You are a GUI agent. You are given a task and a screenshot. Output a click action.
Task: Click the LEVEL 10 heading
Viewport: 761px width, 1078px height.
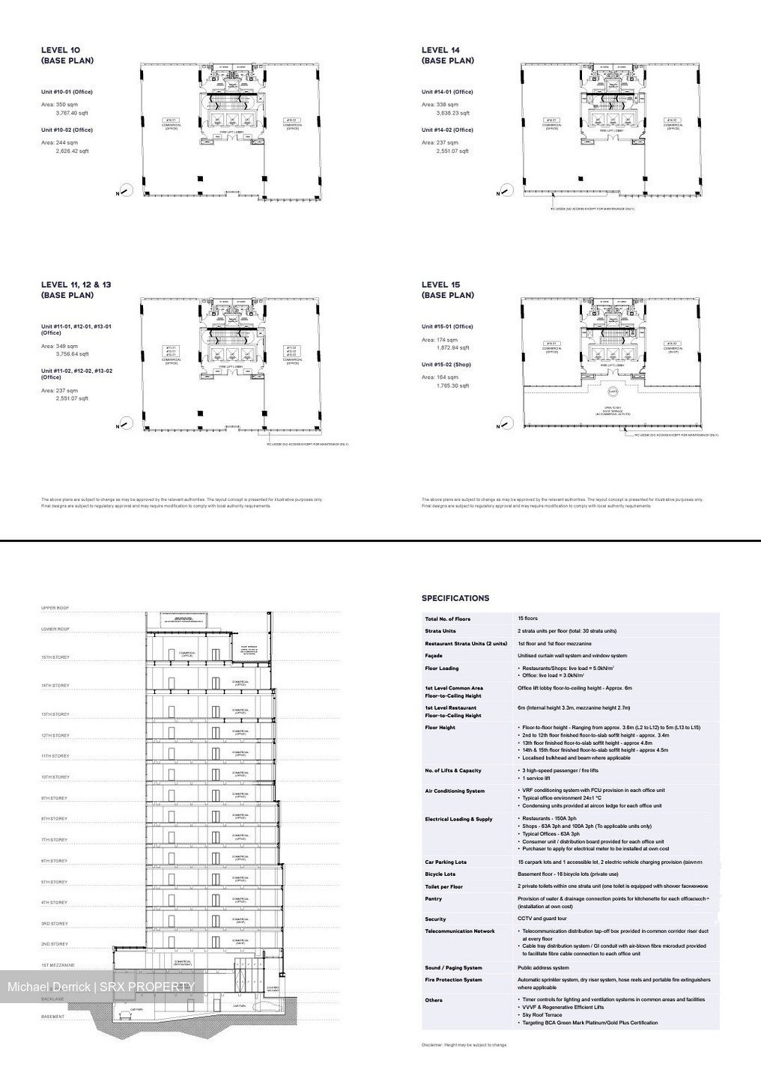coord(67,55)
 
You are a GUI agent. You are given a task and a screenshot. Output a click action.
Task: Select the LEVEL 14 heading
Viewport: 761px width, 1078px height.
coord(447,55)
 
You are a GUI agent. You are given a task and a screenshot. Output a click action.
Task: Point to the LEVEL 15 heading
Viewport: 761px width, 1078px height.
coord(447,290)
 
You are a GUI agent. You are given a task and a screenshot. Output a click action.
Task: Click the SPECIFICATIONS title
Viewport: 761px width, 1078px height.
coord(455,598)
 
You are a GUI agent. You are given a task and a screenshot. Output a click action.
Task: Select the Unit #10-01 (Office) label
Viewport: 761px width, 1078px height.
coord(67,91)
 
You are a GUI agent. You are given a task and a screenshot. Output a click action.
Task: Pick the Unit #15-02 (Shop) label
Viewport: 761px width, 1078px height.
coord(446,365)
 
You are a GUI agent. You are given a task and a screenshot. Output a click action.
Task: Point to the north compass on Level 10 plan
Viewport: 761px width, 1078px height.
coord(126,190)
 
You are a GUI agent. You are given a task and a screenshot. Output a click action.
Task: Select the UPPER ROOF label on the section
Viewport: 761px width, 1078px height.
coord(55,608)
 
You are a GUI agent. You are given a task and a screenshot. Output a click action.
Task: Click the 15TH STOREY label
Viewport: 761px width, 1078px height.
coord(55,657)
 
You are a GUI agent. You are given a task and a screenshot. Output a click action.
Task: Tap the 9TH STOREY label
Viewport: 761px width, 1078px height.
coord(55,798)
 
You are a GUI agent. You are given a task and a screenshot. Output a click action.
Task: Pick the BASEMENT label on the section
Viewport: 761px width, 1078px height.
coord(52,1017)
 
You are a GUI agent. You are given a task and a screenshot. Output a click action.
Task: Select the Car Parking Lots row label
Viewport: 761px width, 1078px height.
coord(446,862)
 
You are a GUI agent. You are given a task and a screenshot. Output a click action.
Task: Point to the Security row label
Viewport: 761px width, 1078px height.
coord(435,919)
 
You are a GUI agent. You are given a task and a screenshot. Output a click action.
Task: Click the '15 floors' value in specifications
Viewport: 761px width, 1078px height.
coord(527,618)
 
